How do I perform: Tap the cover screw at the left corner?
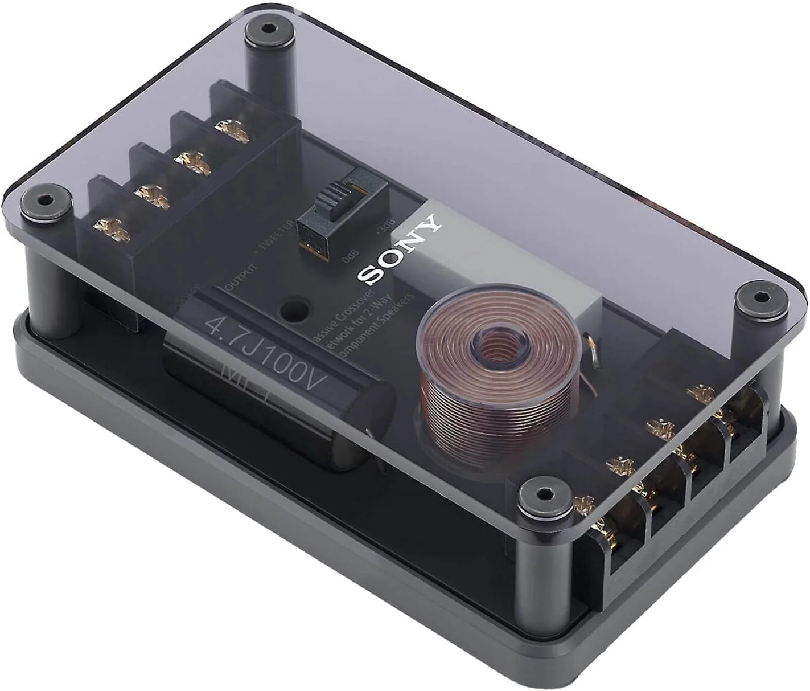(44, 201)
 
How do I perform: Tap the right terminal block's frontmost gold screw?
(586, 505)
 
